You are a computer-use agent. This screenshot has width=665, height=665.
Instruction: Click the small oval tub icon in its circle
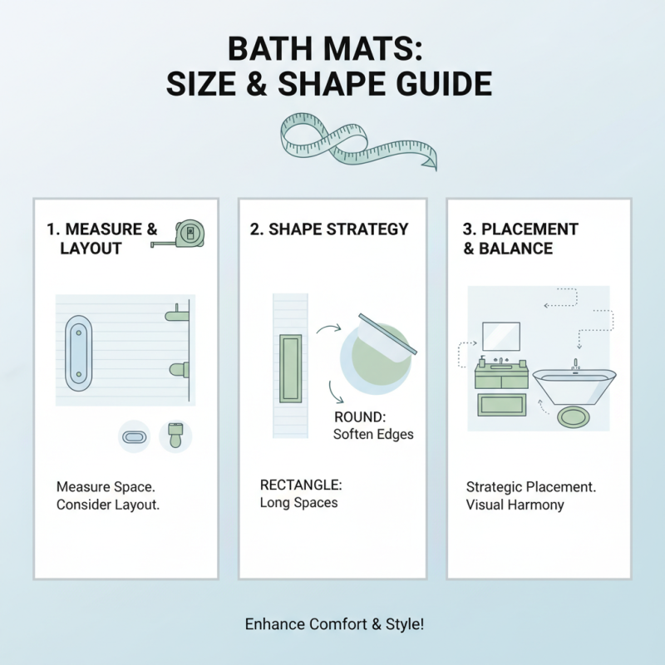(134, 436)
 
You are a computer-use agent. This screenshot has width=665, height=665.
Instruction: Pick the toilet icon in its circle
(175, 435)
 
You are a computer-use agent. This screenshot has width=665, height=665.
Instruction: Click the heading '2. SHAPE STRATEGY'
(328, 229)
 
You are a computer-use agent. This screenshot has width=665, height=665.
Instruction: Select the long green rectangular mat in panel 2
(291, 368)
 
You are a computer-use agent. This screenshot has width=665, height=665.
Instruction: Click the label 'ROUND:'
(357, 417)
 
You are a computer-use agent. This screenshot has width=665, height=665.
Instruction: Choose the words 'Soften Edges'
(373, 434)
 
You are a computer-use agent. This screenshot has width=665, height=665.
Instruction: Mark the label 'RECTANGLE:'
(301, 485)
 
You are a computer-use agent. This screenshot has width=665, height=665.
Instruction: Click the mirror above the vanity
(501, 337)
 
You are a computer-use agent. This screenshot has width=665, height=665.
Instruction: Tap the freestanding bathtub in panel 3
(574, 387)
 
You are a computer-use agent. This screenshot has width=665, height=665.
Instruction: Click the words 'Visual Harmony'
(515, 505)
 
